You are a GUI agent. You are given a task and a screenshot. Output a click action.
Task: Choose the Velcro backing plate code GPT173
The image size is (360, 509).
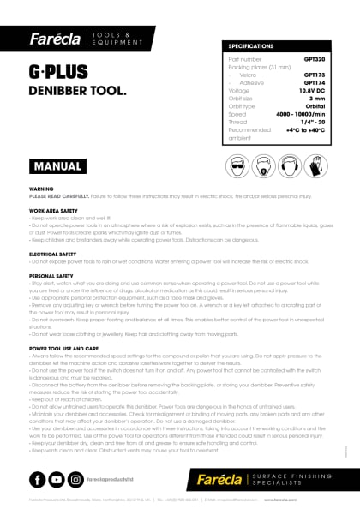[315, 75]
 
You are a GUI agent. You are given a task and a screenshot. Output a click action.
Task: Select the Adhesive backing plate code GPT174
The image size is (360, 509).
[315, 82]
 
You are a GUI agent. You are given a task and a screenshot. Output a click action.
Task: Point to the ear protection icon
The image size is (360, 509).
[299, 165]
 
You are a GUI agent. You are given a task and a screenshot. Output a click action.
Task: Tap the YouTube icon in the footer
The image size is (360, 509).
[56, 480]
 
